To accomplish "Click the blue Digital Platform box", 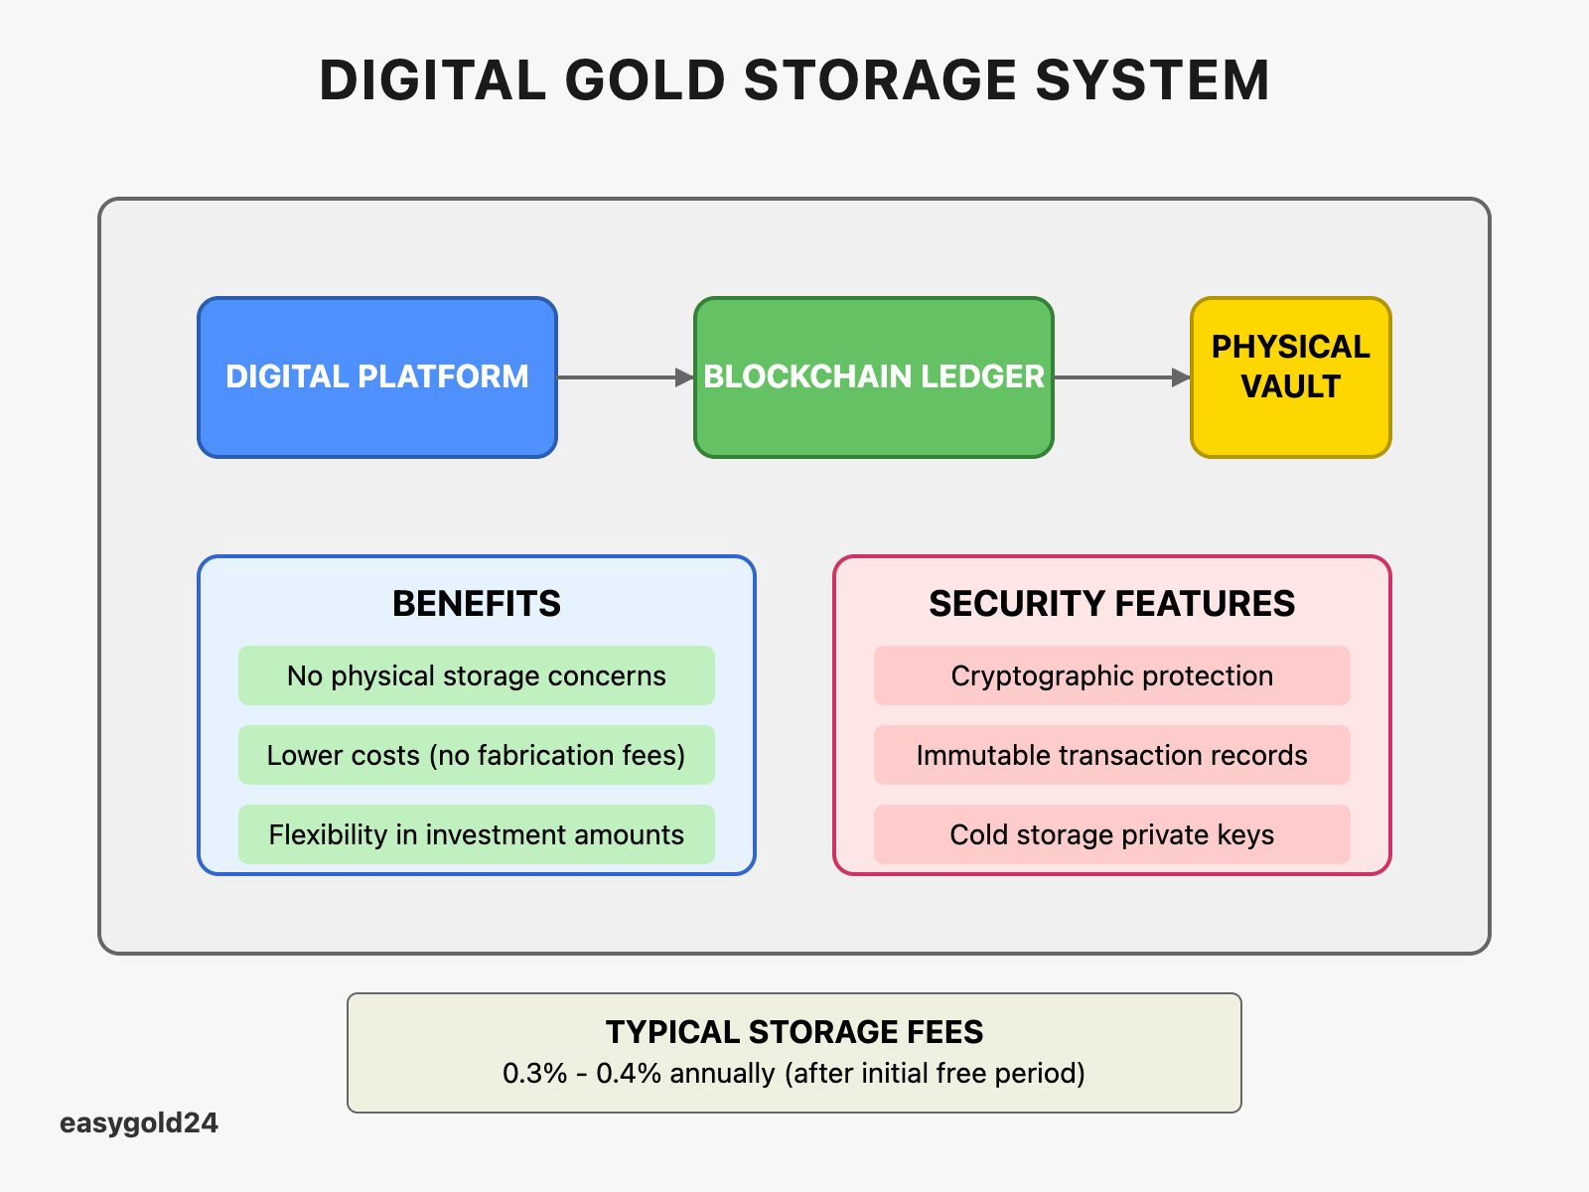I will (x=377, y=377).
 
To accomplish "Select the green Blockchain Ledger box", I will (x=874, y=377).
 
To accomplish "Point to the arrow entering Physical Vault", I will (x=1122, y=377).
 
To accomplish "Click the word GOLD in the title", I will (x=645, y=80).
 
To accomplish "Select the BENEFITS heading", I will (x=477, y=604).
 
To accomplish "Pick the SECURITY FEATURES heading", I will (x=1111, y=604).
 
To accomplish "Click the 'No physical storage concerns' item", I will (x=477, y=675).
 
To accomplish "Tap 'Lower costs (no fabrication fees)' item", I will (x=477, y=755).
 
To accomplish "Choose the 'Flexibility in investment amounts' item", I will (x=477, y=834).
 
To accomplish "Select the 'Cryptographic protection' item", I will (x=1111, y=675).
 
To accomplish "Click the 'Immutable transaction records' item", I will (x=1111, y=755).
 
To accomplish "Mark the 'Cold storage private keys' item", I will (x=1111, y=834).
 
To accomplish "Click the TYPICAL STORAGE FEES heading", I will (x=794, y=1032).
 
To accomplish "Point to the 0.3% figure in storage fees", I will (x=535, y=1074).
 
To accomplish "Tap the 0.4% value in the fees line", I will (x=629, y=1074).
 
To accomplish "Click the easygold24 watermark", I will (x=139, y=1123).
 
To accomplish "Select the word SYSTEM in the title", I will (x=1152, y=80).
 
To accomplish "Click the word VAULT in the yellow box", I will (x=1291, y=386).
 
